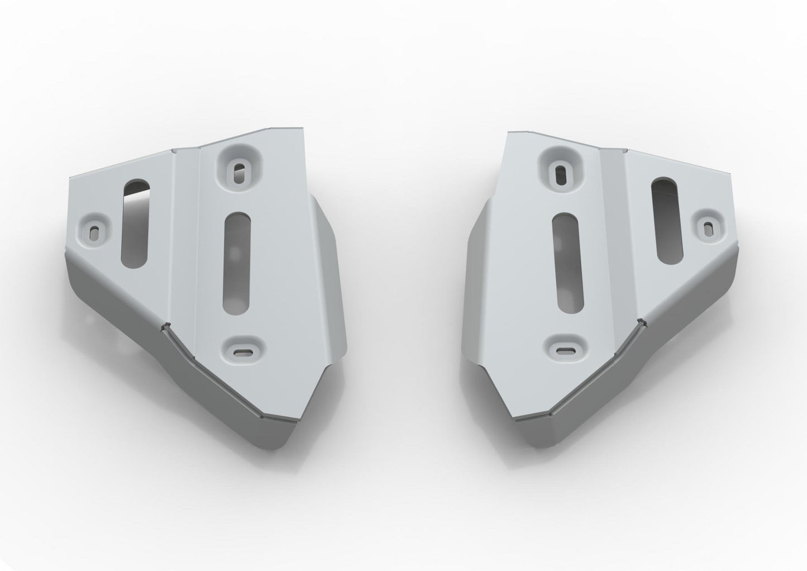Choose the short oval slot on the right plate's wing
click(x=662, y=221)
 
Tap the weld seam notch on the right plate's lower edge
click(x=642, y=322)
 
